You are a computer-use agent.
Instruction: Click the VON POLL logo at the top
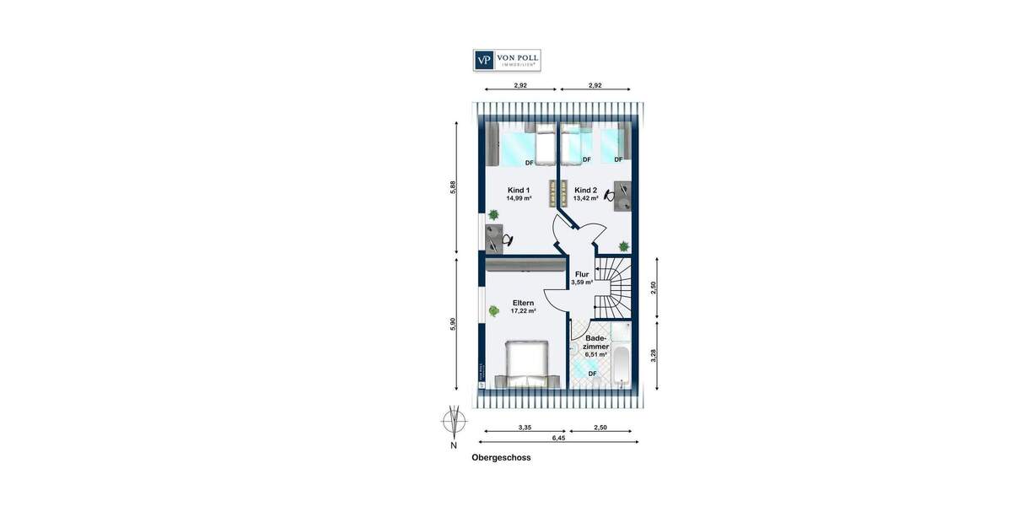506,60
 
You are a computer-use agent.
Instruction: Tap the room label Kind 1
519,190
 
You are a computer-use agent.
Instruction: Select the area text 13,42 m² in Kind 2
586,199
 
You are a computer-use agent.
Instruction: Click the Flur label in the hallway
582,274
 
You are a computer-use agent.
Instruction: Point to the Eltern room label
523,302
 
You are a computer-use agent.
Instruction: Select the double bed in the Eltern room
527,363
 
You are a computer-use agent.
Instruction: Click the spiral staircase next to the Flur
613,287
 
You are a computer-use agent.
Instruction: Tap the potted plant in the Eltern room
493,310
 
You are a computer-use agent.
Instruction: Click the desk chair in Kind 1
507,240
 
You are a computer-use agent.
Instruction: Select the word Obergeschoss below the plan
501,459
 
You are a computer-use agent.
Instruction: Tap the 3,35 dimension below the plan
524,428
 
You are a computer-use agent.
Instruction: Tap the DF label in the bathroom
593,374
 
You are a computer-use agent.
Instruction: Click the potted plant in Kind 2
623,246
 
